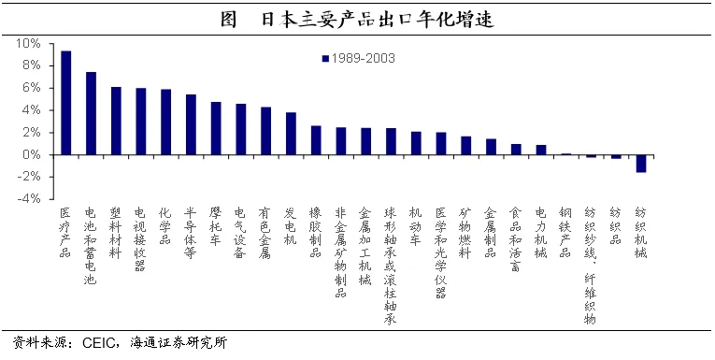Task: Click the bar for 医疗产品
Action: (x=66, y=103)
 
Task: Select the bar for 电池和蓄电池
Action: (x=92, y=113)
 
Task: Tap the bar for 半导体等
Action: (x=191, y=124)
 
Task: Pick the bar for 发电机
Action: (x=291, y=134)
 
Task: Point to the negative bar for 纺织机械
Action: (x=641, y=164)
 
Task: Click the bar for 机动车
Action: (x=416, y=143)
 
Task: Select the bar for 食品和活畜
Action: (x=516, y=150)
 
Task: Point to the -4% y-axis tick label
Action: (x=28, y=199)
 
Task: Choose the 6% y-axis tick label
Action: (x=32, y=88)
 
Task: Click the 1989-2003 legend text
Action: (x=364, y=58)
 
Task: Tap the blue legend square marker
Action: (x=325, y=58)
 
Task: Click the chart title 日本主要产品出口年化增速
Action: (x=378, y=21)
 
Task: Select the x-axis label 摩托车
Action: (x=216, y=227)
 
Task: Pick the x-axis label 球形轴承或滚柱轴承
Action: (x=391, y=266)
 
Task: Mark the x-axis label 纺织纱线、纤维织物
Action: (x=590, y=266)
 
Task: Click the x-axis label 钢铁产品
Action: (x=565, y=233)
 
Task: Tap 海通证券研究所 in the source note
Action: (x=179, y=343)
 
